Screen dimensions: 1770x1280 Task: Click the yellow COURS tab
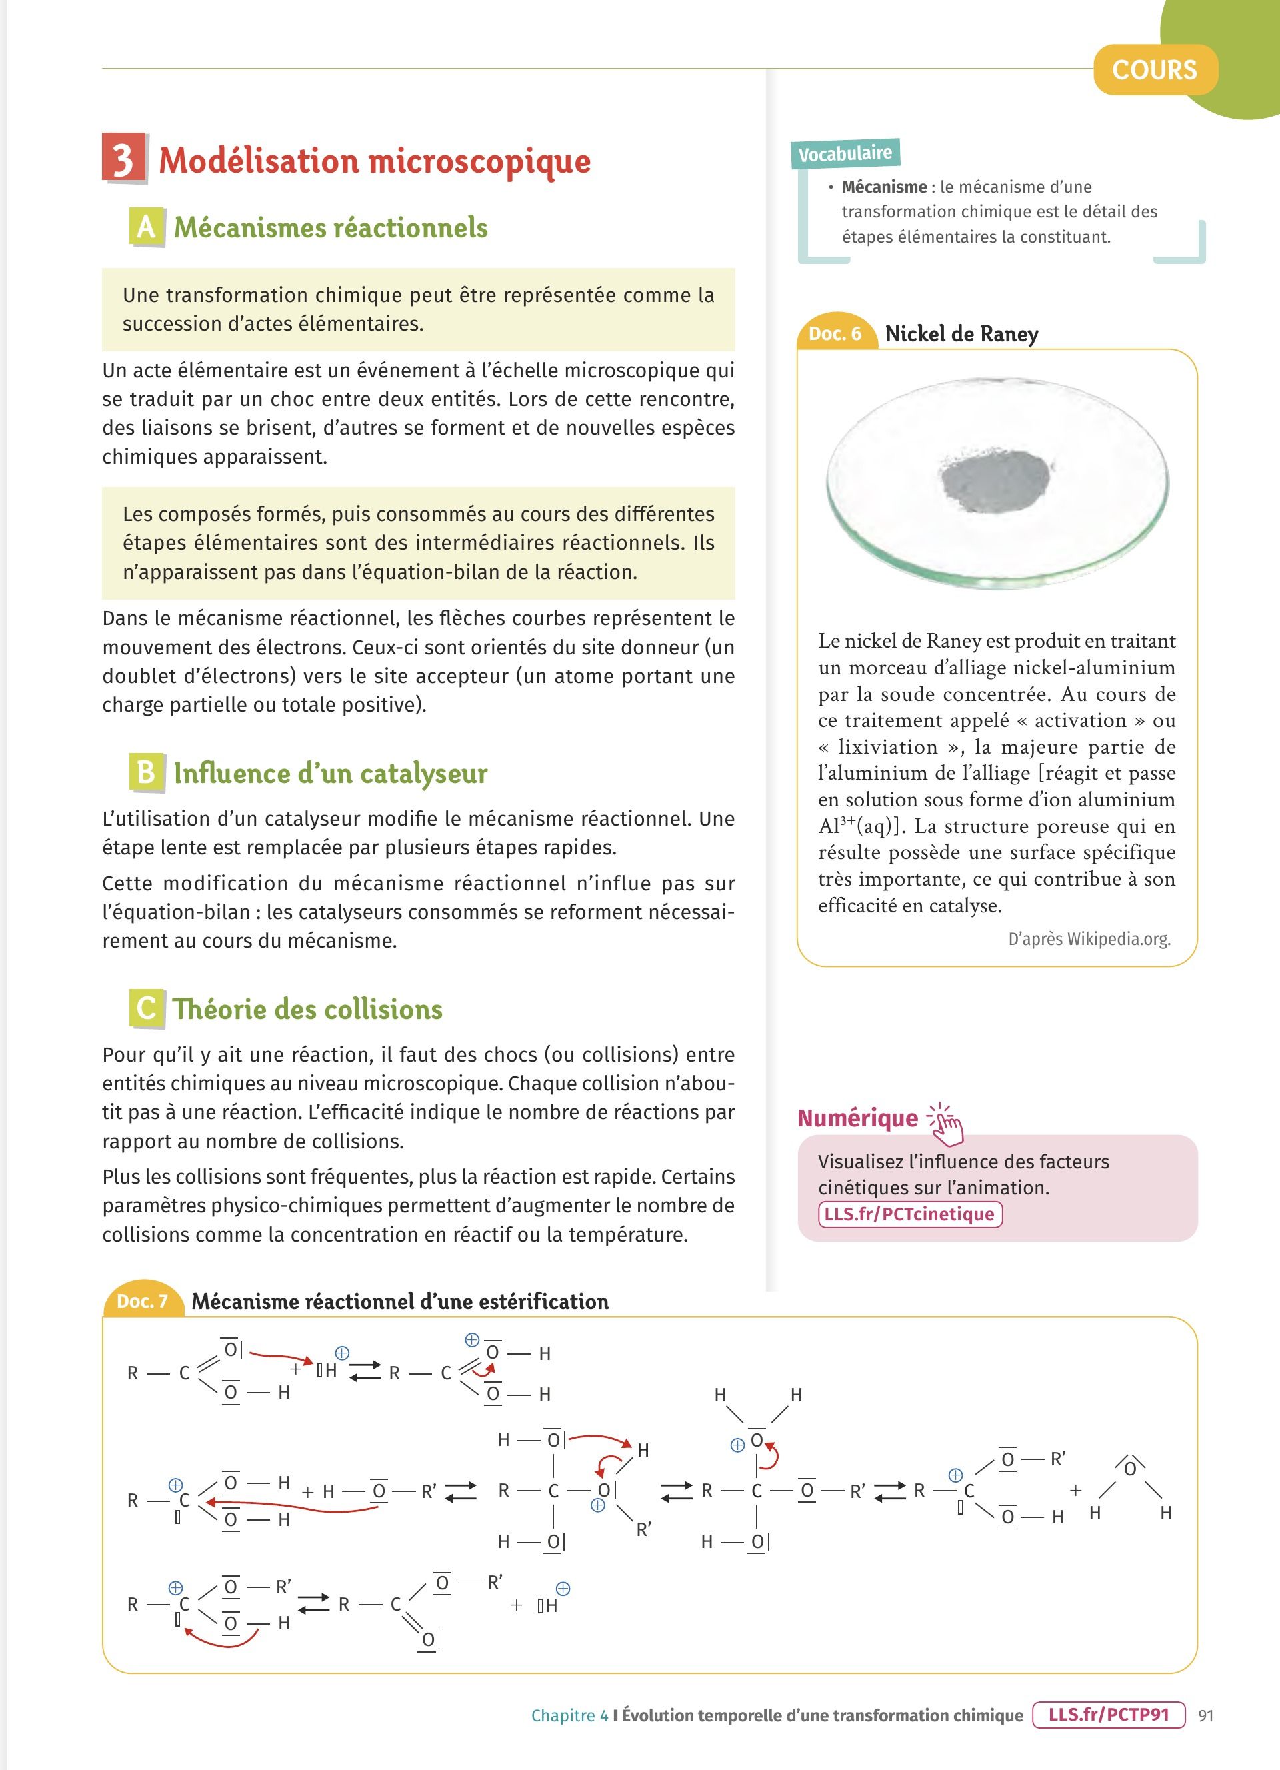click(1155, 70)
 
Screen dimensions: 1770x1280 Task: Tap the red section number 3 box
click(123, 159)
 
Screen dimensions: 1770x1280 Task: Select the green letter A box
click(146, 227)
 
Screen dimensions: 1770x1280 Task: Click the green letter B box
click(146, 772)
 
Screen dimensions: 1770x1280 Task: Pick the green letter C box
click(146, 1008)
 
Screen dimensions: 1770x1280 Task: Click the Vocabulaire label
click(845, 153)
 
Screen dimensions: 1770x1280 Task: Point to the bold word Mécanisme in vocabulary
click(883, 187)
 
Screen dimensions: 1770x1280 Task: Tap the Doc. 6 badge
click(835, 334)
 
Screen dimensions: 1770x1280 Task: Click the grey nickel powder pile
click(996, 479)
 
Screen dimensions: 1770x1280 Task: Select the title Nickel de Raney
click(961, 334)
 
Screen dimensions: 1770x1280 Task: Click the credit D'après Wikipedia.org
click(1089, 939)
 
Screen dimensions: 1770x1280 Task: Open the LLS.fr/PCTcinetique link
click(909, 1214)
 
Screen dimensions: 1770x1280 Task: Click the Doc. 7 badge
click(142, 1301)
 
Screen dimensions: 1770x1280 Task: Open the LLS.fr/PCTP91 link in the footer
click(1108, 1715)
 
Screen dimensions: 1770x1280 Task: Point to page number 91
click(1206, 1715)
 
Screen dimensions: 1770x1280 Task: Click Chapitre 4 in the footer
click(569, 1715)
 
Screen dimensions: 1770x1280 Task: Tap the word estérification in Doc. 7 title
click(543, 1302)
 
